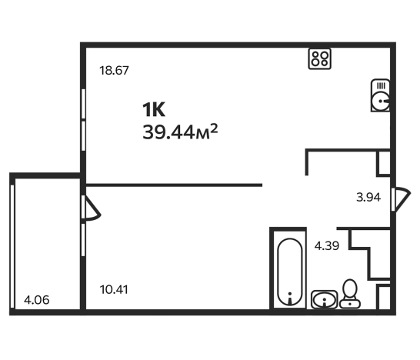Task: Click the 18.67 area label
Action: click(x=114, y=71)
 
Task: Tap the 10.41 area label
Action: click(x=114, y=289)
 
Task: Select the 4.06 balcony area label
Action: click(x=37, y=300)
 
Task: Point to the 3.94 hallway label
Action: click(x=368, y=198)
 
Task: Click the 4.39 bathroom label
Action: click(x=327, y=245)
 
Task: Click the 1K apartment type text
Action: click(x=154, y=109)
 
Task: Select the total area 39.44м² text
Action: click(x=180, y=132)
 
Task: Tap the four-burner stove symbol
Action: click(x=319, y=58)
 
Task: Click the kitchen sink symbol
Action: click(x=380, y=95)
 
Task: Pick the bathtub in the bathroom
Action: click(x=290, y=272)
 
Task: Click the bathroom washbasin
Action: click(x=325, y=299)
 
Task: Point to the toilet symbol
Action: click(x=350, y=294)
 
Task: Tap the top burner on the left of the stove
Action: click(x=315, y=55)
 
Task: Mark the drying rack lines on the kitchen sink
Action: click(x=381, y=86)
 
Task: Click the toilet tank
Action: click(x=350, y=304)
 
